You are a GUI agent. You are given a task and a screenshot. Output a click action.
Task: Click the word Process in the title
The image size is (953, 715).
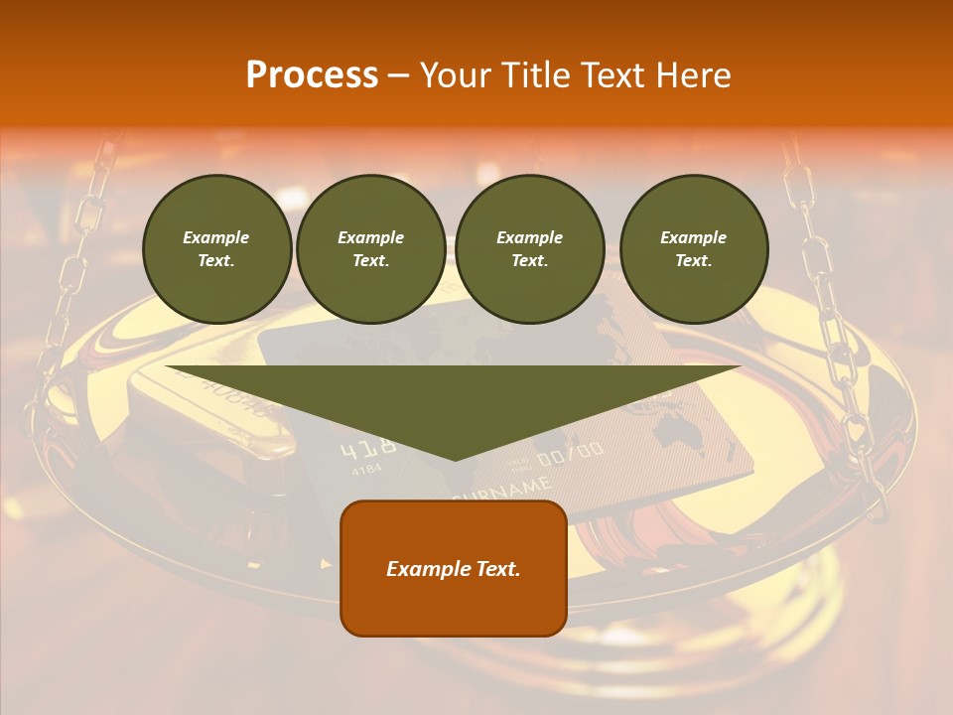[x=312, y=75]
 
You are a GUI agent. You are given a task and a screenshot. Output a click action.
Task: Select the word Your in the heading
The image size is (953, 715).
[x=457, y=75]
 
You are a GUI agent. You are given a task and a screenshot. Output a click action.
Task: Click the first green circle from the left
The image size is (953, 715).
[x=216, y=249]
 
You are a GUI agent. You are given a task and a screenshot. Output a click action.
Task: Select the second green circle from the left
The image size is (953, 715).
[x=370, y=249]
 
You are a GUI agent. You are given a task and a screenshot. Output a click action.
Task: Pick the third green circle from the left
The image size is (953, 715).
[x=529, y=249]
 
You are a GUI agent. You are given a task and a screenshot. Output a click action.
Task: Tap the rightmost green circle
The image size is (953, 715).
[x=693, y=249]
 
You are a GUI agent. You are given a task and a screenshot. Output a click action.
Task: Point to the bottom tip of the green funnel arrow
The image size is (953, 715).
[x=455, y=459]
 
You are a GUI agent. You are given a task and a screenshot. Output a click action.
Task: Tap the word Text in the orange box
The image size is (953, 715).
[x=497, y=569]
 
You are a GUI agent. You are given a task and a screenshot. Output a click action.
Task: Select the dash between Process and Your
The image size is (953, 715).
[x=398, y=75]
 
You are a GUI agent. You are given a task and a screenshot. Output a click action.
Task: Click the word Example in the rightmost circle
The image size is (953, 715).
[x=693, y=237]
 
